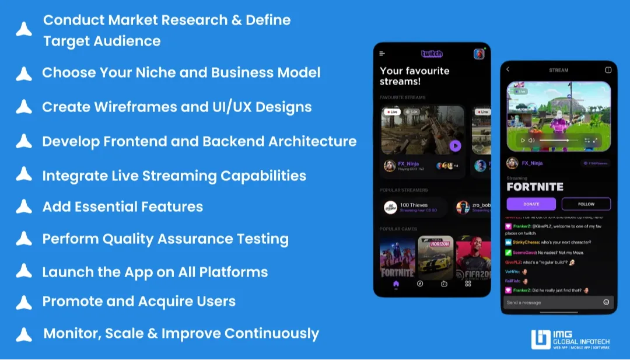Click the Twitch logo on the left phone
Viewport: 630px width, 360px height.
[x=432, y=54]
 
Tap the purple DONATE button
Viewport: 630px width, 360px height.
[x=531, y=204]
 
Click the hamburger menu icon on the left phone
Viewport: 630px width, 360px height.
[x=382, y=54]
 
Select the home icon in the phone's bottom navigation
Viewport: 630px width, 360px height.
[x=396, y=284]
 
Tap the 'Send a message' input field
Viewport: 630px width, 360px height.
[x=551, y=302]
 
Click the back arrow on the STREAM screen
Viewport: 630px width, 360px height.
[x=508, y=70]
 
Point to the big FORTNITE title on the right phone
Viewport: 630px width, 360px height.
[x=535, y=187]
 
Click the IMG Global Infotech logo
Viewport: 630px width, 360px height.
[x=570, y=340]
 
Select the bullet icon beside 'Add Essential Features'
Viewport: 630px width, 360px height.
[x=24, y=207]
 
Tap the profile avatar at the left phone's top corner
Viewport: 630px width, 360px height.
[x=479, y=54]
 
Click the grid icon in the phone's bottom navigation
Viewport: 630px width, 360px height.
[x=468, y=284]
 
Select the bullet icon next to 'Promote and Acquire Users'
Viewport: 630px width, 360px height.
[x=24, y=302]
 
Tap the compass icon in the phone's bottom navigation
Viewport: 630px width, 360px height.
[x=419, y=284]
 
